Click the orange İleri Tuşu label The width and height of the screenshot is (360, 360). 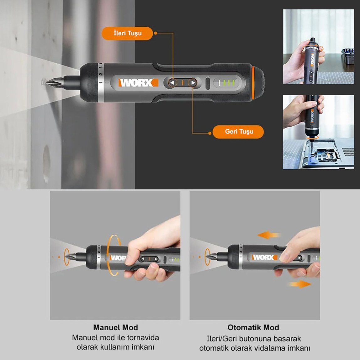point(127,33)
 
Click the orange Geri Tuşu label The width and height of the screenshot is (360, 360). point(238,132)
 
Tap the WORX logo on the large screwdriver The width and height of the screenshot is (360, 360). point(138,83)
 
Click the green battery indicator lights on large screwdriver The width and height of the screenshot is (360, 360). point(229,83)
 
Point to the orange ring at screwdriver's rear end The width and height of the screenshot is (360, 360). point(253,83)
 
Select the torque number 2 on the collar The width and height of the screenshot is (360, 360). point(101,75)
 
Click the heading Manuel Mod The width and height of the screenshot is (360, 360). point(115,328)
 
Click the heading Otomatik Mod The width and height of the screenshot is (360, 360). point(253,328)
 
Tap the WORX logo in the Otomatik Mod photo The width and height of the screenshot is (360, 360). point(264,257)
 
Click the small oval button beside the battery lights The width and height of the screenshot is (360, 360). point(208,83)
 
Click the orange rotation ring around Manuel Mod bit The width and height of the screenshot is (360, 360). point(67,257)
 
